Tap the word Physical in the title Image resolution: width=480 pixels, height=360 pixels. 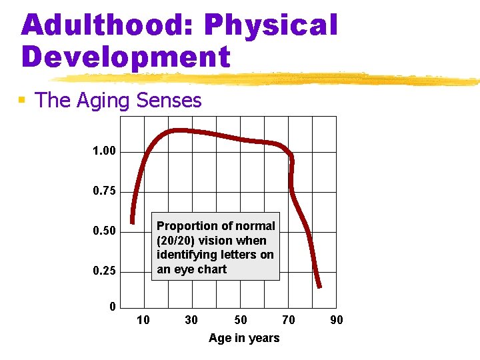tap(271, 25)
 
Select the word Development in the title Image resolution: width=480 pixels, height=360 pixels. tap(126, 57)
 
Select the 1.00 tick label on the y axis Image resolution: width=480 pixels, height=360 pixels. tap(104, 151)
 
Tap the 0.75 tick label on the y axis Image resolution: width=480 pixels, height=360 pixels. tap(104, 191)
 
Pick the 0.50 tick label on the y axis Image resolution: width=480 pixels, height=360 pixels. tap(104, 231)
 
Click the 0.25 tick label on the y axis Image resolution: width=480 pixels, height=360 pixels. tap(104, 271)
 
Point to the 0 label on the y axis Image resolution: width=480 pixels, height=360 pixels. tap(113, 307)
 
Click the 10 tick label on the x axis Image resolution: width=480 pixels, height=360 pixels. tap(143, 321)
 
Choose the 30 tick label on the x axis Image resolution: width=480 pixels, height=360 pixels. tap(191, 321)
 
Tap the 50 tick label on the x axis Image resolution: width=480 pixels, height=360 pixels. tap(240, 321)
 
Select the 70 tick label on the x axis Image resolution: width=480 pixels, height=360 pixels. tap(288, 321)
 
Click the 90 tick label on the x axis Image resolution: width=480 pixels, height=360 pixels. tap(337, 321)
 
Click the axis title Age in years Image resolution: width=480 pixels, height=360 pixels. tap(244, 338)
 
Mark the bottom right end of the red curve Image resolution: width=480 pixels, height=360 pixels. tap(319, 285)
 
